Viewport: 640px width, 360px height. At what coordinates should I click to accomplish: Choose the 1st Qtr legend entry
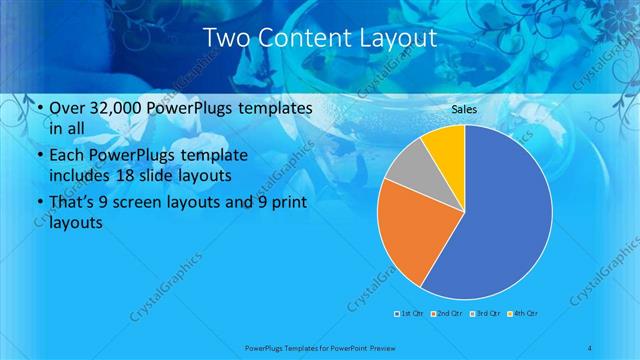pyautogui.click(x=410, y=314)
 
